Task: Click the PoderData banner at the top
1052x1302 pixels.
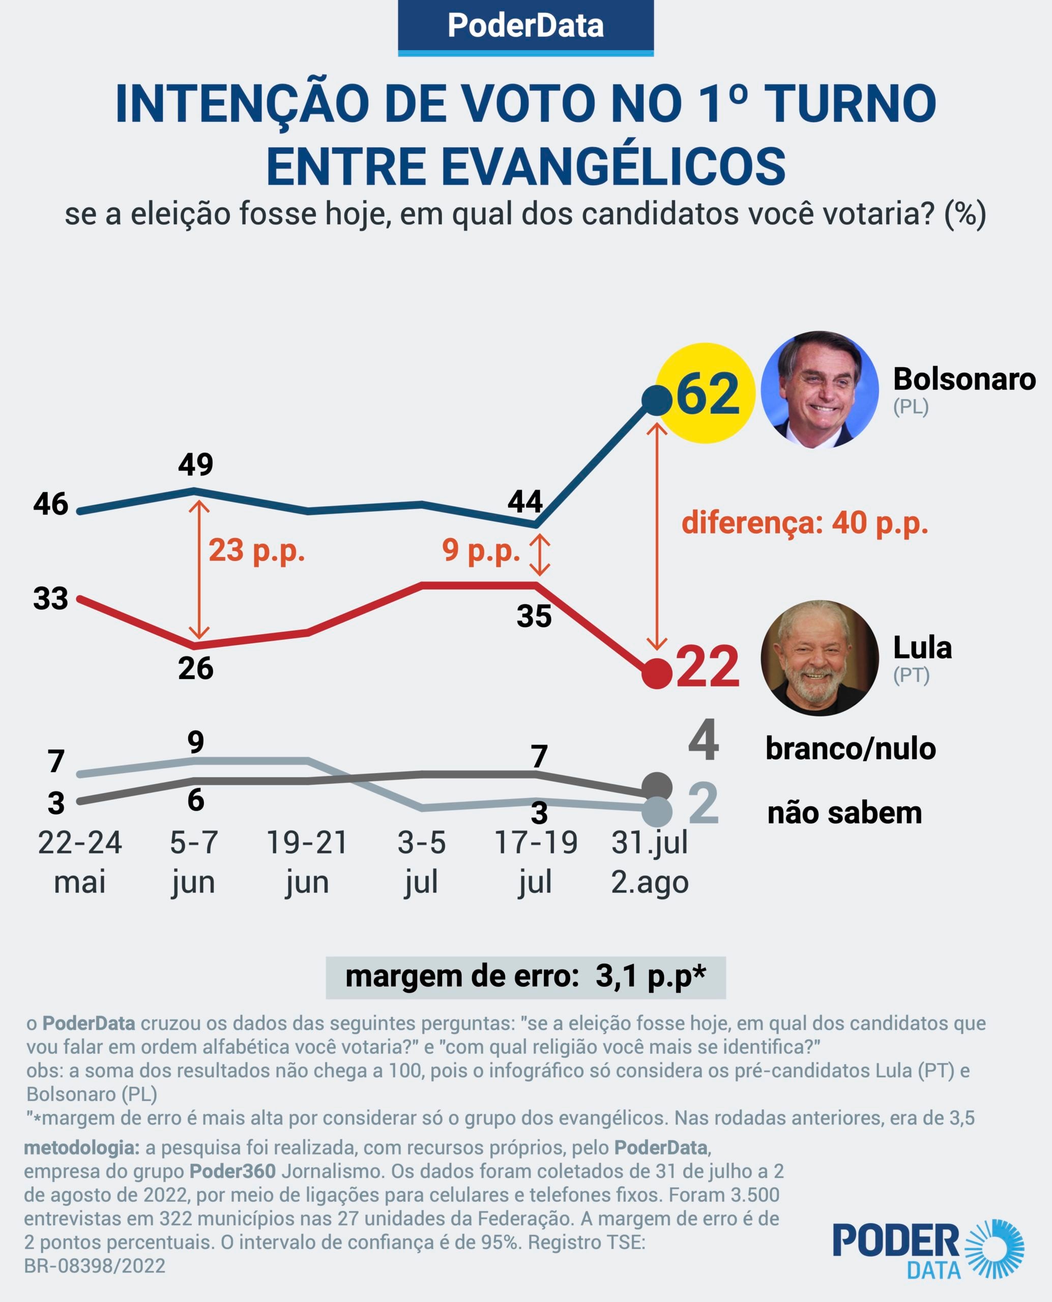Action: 525,27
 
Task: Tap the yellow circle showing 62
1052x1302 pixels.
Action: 706,393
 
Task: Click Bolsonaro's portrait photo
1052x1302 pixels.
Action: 820,390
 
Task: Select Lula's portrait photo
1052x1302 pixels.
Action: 820,658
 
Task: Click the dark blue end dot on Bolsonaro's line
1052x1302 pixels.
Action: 657,400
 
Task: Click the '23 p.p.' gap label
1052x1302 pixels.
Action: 257,551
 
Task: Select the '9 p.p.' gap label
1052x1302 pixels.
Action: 481,550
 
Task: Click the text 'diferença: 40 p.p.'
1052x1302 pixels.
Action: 805,522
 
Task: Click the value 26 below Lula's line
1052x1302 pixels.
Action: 196,668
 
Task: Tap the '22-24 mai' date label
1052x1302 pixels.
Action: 80,862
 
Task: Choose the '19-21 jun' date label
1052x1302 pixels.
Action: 307,862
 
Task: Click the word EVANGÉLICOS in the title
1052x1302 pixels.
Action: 526,166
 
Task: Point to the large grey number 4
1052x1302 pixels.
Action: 704,741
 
